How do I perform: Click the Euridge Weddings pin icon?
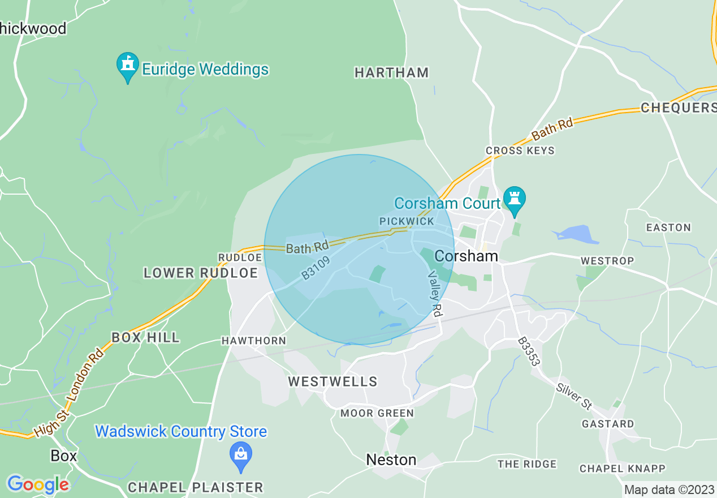point(128,66)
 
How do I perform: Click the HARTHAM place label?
point(391,72)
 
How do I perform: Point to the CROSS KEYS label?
point(520,151)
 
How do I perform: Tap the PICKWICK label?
point(407,221)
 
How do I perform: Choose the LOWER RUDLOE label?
point(201,273)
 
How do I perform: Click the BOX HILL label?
point(146,337)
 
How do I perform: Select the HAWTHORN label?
point(254,341)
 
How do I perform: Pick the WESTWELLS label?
point(332,381)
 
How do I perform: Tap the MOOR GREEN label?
point(377,413)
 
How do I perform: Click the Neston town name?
point(391,460)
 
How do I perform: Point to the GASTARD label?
point(608,423)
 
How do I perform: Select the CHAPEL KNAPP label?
point(623,469)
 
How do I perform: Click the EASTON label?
point(668,227)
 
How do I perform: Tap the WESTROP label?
point(607,261)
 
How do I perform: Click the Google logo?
point(38,484)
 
